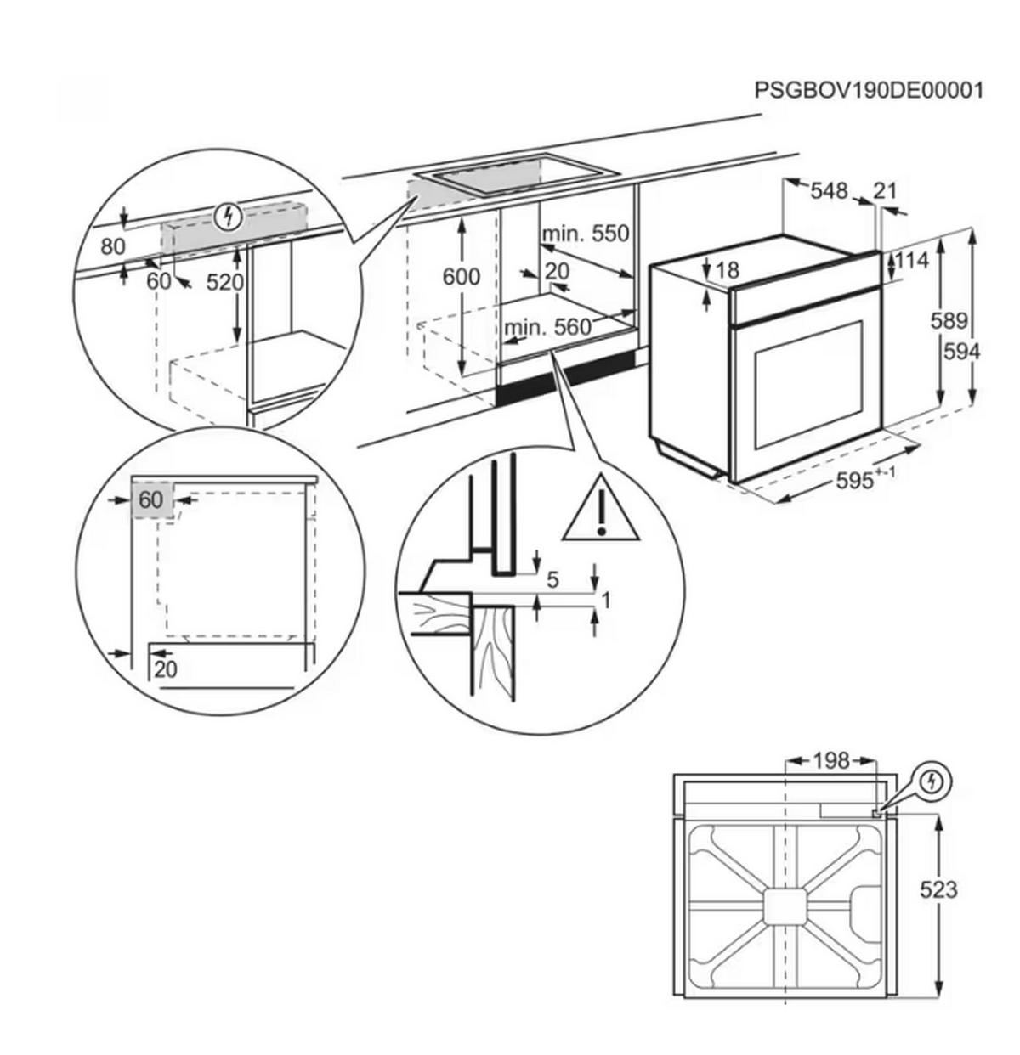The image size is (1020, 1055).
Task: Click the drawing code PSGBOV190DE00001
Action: (x=868, y=90)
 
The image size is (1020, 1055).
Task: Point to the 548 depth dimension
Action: (x=828, y=191)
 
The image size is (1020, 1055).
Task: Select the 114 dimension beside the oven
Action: (x=912, y=260)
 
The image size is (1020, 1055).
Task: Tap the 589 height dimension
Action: (x=949, y=320)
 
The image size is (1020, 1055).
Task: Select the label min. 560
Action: (x=547, y=327)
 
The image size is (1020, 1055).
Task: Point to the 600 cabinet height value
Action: (x=462, y=276)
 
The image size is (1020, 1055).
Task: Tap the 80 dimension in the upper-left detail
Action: (x=112, y=246)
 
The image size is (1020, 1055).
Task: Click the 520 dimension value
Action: (x=225, y=281)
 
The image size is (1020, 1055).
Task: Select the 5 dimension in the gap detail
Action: (x=552, y=580)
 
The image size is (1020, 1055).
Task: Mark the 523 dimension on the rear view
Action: (x=938, y=889)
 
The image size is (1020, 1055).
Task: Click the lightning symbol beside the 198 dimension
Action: (x=932, y=780)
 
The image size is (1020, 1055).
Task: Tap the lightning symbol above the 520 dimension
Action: (x=226, y=217)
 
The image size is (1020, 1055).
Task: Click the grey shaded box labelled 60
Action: (x=151, y=500)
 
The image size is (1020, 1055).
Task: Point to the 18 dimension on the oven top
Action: (x=728, y=270)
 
